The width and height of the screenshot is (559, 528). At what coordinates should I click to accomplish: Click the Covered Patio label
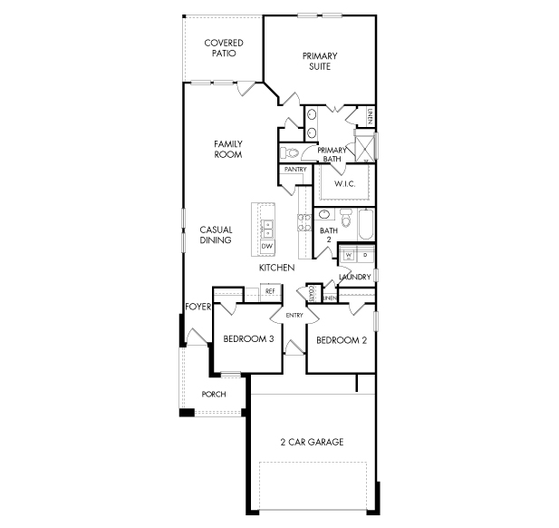(x=224, y=48)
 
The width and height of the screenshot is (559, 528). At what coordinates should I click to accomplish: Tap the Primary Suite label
(x=320, y=61)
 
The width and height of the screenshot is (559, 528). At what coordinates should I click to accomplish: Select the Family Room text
(x=228, y=149)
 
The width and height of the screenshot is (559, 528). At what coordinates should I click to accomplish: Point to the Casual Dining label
(x=216, y=235)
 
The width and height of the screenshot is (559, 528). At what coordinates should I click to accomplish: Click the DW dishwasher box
(x=267, y=247)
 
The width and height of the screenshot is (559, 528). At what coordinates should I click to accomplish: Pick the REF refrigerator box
(x=270, y=291)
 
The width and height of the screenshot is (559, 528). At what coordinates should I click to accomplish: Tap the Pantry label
(x=295, y=170)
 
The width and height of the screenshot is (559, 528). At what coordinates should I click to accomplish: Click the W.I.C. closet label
(x=345, y=184)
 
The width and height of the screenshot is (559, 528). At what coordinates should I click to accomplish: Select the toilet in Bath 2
(x=346, y=218)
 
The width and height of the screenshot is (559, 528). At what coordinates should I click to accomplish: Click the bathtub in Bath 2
(x=366, y=225)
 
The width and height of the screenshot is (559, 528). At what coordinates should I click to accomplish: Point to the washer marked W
(x=348, y=255)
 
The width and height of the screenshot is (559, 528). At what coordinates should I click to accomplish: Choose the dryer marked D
(x=365, y=255)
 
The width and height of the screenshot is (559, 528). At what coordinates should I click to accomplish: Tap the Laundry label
(x=355, y=277)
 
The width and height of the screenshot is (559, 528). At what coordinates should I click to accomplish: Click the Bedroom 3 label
(x=248, y=338)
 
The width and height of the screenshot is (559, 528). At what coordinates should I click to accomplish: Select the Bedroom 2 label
(x=342, y=340)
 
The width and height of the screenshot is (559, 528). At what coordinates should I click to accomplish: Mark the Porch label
(x=214, y=394)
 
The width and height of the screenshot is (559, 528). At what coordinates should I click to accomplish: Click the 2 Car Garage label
(x=312, y=442)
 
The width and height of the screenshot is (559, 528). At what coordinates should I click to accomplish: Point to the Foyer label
(x=198, y=307)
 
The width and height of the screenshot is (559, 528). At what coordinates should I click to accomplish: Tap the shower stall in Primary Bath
(x=365, y=148)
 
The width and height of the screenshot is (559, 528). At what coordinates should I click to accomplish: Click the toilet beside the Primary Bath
(x=290, y=152)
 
